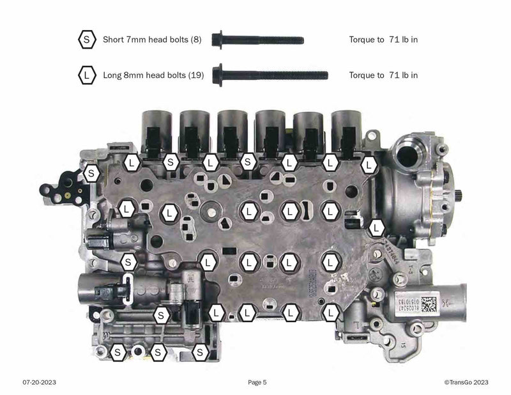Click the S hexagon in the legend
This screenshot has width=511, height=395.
(86, 40)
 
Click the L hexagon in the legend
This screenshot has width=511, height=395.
(86, 75)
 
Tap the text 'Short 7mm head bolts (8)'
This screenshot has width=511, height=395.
(152, 40)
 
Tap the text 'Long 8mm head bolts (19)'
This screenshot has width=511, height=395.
(153, 75)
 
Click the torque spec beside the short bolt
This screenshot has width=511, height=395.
(383, 40)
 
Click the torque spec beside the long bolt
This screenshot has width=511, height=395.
(383, 75)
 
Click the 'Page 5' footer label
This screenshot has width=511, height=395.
(257, 382)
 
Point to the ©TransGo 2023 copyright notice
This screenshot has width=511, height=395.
(466, 382)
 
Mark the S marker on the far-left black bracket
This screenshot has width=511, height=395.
(92, 172)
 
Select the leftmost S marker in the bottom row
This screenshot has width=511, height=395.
(118, 352)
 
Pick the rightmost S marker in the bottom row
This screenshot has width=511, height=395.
(201, 352)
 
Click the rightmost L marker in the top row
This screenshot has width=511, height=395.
(369, 164)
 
